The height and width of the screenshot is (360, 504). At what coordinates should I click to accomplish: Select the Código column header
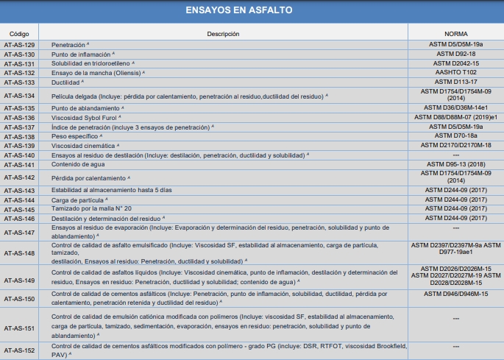[19, 35]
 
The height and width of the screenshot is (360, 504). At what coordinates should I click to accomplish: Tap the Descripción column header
[224, 35]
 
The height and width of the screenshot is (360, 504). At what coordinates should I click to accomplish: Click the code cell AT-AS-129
[19, 46]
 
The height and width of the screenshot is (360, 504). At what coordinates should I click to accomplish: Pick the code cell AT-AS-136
[19, 118]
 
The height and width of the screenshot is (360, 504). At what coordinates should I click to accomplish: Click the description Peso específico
[74, 136]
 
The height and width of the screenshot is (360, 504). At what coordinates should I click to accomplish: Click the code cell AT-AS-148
[19, 253]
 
